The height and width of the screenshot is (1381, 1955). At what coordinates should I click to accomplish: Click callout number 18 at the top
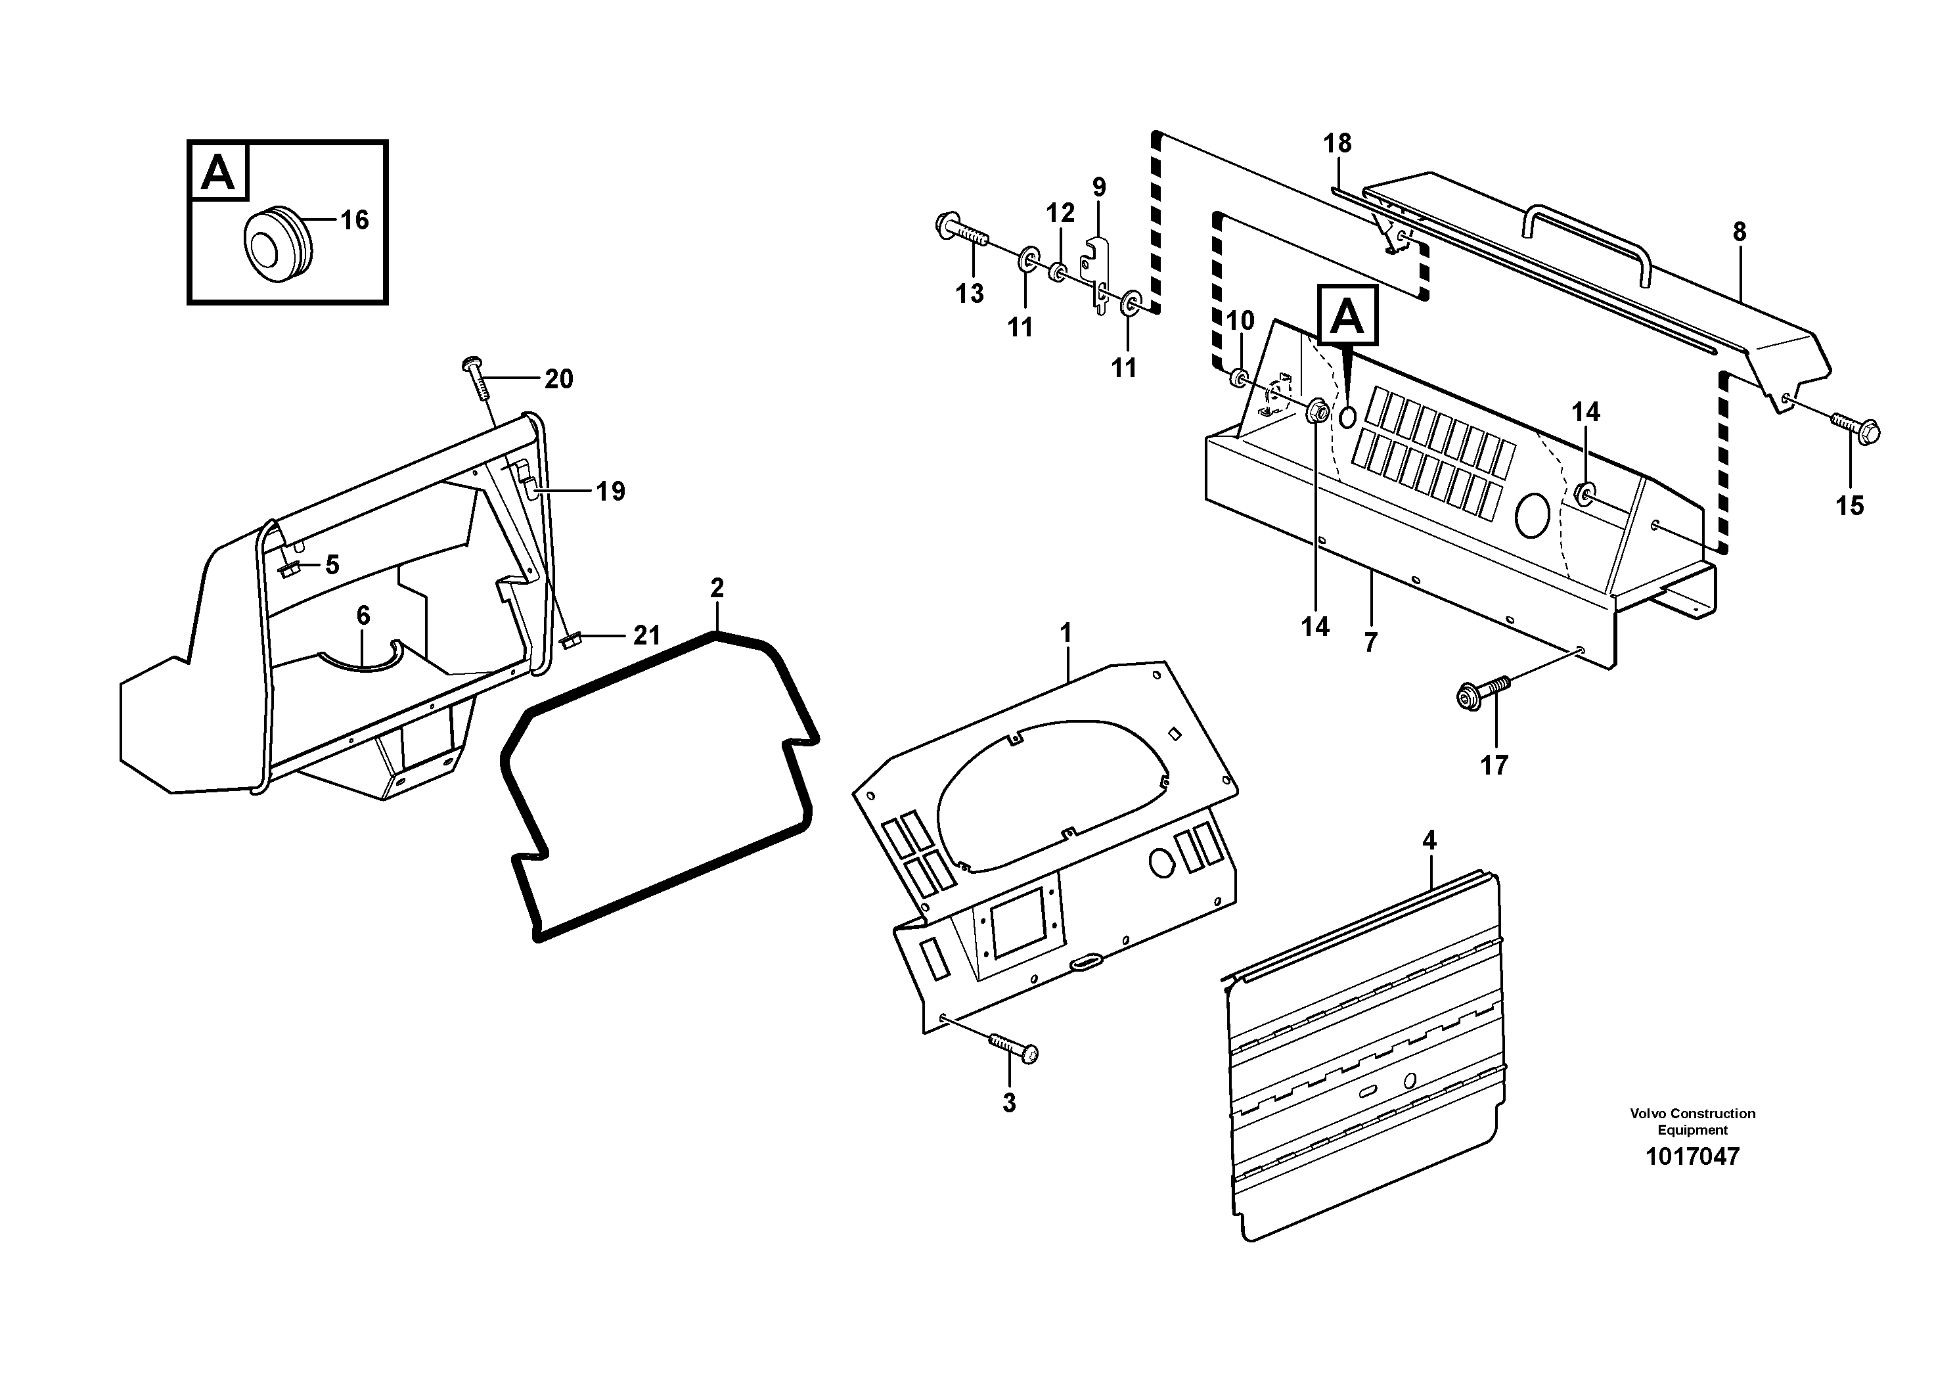[1337, 144]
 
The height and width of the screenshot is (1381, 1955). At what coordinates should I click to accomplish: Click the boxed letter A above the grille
[1347, 317]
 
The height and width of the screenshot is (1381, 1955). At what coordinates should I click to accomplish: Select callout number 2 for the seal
[717, 587]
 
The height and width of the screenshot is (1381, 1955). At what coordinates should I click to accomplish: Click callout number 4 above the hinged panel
[1429, 841]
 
